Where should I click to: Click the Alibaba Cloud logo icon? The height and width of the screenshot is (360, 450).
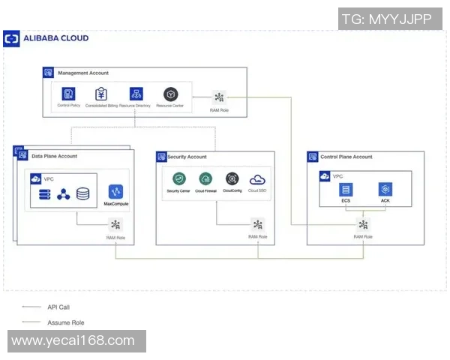pos(12,38)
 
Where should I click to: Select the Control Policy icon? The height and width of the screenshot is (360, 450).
pos(68,94)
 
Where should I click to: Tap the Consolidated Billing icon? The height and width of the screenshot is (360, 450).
pos(101,94)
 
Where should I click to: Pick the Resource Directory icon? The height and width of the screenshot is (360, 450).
pos(136,94)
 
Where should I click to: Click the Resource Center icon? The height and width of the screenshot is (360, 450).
pos(170,94)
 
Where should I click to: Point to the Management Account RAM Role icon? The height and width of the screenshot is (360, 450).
pos(219,97)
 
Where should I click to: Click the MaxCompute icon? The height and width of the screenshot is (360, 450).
pos(115,191)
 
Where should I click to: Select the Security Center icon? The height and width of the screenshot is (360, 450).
pos(178,179)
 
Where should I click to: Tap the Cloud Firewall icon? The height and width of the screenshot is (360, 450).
pos(205,179)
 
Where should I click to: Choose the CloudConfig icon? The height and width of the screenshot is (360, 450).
pos(232,179)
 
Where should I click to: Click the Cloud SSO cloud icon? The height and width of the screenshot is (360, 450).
pos(257,179)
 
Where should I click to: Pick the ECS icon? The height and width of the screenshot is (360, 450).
pos(345,190)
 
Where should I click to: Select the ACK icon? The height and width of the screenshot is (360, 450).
pos(385,190)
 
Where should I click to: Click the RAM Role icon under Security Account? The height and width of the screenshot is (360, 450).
pos(258,224)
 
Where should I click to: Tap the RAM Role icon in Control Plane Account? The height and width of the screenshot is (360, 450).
pos(363,224)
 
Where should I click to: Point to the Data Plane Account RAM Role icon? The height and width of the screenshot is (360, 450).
pos(115,224)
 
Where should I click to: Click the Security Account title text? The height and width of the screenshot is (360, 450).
pos(187,157)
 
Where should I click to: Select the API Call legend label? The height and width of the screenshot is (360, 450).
pos(58,307)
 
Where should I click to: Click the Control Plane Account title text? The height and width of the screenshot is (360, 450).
pos(346,157)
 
